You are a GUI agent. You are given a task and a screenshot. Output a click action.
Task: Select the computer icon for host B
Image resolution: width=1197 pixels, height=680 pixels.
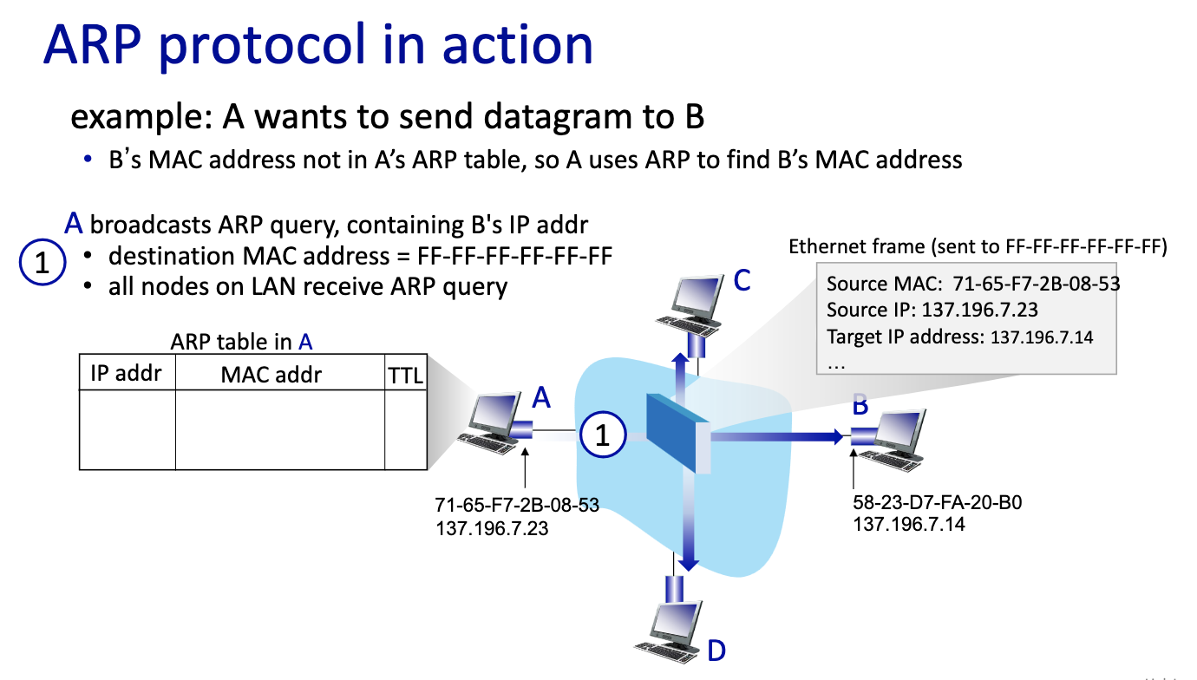pyautogui.click(x=894, y=438)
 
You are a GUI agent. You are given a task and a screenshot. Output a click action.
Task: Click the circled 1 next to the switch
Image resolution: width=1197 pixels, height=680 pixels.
pyautogui.click(x=603, y=435)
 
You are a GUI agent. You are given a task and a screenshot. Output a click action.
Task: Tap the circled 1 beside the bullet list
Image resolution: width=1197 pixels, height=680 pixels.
pyautogui.click(x=42, y=263)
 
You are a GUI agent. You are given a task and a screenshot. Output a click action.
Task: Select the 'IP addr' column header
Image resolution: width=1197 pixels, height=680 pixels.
pyautogui.click(x=127, y=374)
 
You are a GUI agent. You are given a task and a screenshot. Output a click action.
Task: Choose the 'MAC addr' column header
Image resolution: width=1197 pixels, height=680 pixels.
pyautogui.click(x=271, y=374)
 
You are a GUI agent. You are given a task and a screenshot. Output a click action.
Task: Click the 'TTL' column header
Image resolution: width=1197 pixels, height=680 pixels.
pyautogui.click(x=405, y=376)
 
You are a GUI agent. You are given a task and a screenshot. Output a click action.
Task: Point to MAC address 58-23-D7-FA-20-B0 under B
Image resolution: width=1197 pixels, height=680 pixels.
pyautogui.click(x=938, y=504)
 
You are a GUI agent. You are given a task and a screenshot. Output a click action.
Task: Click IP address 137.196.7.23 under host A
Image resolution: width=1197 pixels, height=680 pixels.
pyautogui.click(x=492, y=526)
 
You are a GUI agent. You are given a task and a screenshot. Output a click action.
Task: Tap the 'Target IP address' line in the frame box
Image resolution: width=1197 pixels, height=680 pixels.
pyautogui.click(x=960, y=337)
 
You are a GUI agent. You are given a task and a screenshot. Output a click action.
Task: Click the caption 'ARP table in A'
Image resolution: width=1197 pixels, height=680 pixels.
pyautogui.click(x=241, y=342)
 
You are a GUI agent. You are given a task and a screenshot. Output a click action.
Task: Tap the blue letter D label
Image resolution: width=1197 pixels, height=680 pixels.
pyautogui.click(x=716, y=651)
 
